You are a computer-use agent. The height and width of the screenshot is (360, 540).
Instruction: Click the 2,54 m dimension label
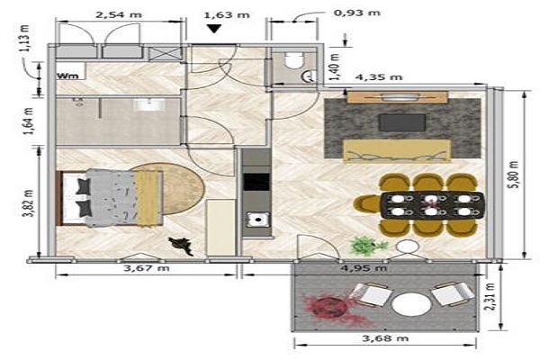(x=119, y=14)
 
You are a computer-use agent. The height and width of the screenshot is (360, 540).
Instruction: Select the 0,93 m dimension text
(x=357, y=13)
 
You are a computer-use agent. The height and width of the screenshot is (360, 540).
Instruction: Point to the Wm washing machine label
(x=67, y=76)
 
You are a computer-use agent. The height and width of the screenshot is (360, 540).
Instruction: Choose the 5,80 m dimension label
(x=513, y=175)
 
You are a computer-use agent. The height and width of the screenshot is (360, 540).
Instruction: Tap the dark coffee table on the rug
(x=402, y=122)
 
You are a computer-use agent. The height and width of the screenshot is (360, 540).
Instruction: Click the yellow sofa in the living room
(x=397, y=150)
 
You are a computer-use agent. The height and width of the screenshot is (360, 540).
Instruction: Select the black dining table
(x=433, y=206)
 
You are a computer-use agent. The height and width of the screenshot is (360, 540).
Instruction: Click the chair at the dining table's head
(x=367, y=204)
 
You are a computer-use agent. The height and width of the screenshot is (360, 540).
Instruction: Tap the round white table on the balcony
(x=411, y=304)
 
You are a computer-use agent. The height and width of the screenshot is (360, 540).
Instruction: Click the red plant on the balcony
(x=333, y=309)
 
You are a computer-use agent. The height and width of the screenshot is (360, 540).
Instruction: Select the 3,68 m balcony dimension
(x=385, y=338)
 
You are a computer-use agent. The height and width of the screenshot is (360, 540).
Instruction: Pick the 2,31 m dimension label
(x=490, y=297)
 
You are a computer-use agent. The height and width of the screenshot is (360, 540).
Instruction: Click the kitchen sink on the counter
(x=257, y=220)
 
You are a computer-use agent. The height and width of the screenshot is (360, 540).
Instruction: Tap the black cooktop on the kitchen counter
(x=256, y=182)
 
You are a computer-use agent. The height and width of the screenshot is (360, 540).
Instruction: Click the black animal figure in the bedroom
(x=181, y=246)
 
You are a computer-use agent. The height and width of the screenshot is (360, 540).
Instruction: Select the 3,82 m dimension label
(x=29, y=202)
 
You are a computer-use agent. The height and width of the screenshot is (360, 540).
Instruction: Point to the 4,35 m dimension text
(x=379, y=77)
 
